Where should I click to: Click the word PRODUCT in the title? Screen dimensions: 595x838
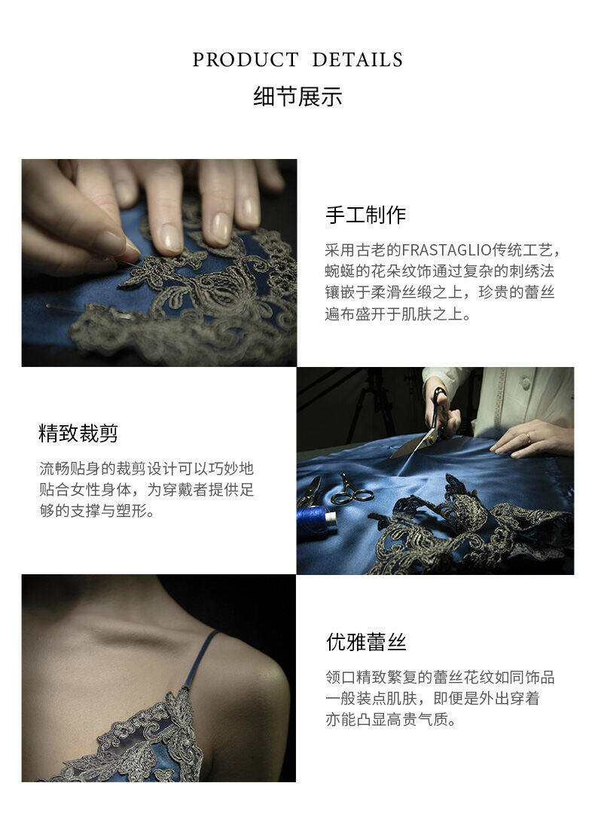[246, 60]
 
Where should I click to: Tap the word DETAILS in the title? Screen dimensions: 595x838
[357, 60]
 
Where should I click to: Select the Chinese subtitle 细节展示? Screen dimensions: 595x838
[297, 96]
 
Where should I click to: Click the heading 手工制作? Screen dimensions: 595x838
[366, 215]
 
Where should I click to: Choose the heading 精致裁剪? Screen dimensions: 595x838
[78, 433]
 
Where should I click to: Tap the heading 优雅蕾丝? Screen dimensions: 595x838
[366, 642]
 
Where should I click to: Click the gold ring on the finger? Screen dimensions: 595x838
[528, 439]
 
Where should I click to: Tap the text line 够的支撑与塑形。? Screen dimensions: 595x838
[98, 510]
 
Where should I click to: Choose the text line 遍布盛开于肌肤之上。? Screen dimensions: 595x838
[398, 313]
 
